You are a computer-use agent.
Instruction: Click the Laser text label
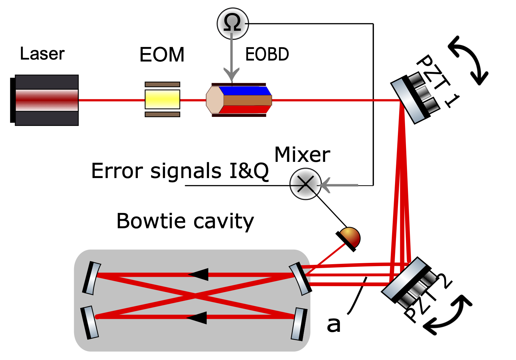[x=42, y=54]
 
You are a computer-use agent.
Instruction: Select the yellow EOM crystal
[x=162, y=99]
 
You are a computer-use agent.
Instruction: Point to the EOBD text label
[x=267, y=54]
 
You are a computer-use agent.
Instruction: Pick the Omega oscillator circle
[x=233, y=24]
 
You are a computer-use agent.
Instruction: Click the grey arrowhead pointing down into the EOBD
[x=232, y=74]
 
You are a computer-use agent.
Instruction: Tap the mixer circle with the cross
[x=305, y=184]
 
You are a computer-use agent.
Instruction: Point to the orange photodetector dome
[x=350, y=238]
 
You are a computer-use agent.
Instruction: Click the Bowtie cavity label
[x=185, y=221]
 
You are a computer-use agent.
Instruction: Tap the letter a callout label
[x=334, y=324]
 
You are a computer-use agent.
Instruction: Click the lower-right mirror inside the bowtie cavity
[x=299, y=324]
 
